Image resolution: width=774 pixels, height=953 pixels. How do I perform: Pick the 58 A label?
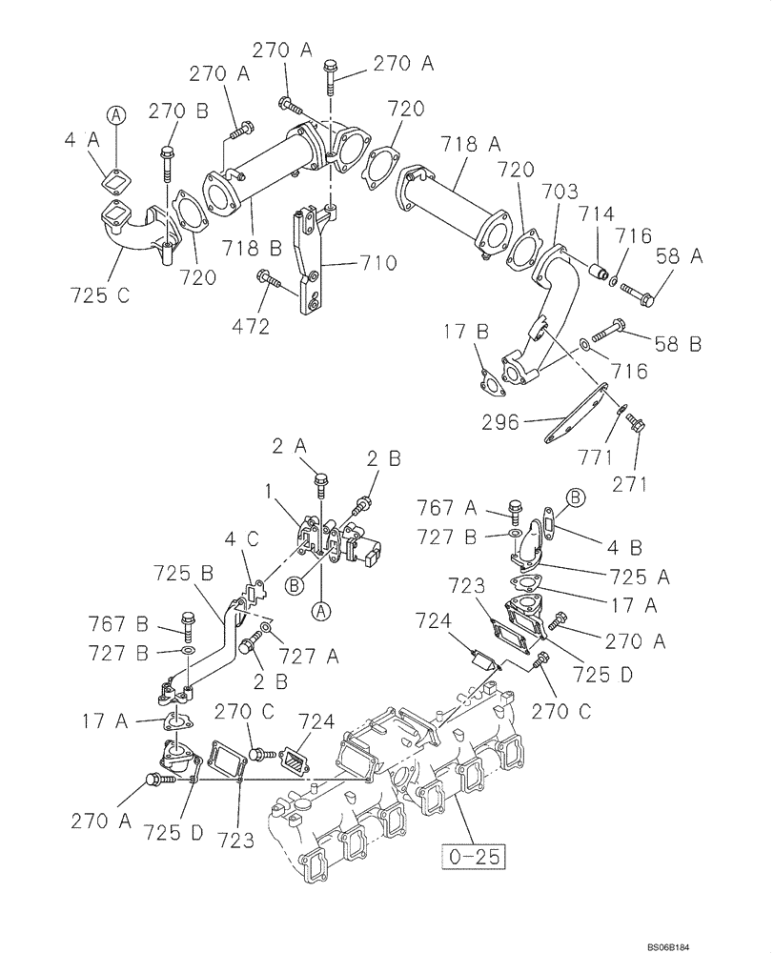(678, 254)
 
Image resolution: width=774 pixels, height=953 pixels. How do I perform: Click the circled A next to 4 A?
(115, 115)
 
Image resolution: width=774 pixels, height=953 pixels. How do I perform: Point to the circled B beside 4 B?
(576, 496)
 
